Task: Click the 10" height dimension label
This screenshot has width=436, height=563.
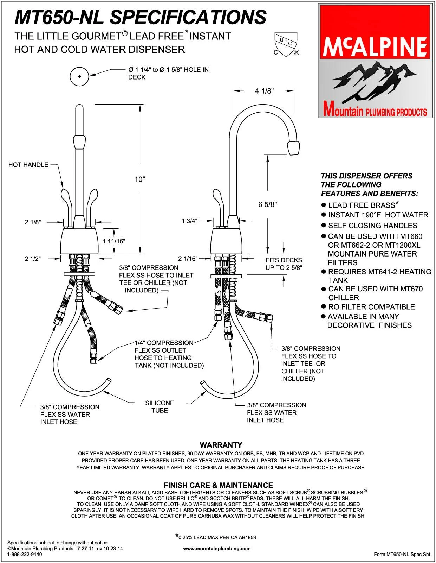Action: coord(140,179)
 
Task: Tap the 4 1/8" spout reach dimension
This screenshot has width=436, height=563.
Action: coord(264,91)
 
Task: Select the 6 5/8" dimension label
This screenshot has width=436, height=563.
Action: coord(268,204)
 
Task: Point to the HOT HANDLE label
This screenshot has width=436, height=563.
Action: coord(28,165)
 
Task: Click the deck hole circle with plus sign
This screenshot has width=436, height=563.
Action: coord(80,76)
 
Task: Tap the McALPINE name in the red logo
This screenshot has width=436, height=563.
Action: coord(375,47)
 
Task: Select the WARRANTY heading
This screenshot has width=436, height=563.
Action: coord(221,445)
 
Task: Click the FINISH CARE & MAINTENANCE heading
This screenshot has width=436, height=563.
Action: coord(218,485)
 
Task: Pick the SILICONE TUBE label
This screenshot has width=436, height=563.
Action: coord(160,407)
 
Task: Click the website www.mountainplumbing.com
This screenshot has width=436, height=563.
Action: coord(217,548)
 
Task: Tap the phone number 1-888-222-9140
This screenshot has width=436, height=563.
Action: coord(25,554)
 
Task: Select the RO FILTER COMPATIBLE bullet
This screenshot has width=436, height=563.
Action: coord(371,307)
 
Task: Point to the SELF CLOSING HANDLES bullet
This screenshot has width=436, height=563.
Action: coord(372,226)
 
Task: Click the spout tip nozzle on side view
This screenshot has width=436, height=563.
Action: coord(293,148)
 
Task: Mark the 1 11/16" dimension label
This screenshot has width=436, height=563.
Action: coord(114,241)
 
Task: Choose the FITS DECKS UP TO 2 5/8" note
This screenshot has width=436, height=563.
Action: coord(284,264)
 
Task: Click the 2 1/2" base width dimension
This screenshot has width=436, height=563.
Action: coord(33,259)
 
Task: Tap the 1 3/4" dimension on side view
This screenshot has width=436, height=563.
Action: coord(189,221)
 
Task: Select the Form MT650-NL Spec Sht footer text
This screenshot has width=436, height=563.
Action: coord(402,554)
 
